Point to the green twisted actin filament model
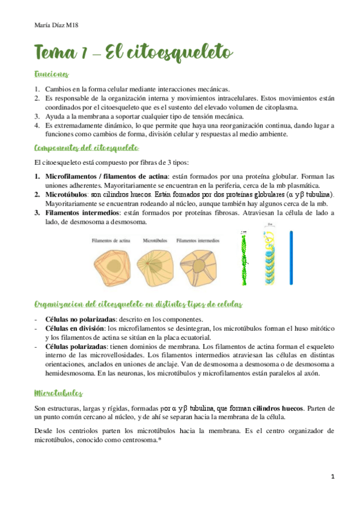(245, 257)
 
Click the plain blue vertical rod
(290, 257)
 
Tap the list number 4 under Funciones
(37, 125)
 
